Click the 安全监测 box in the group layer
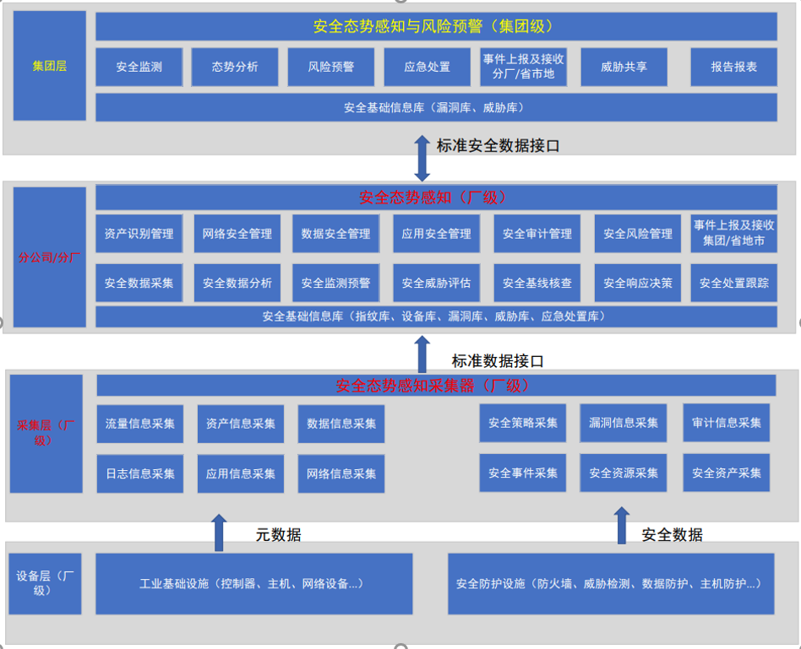coord(139,67)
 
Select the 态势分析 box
coord(235,67)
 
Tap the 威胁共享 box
coord(624,67)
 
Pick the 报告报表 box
coord(733,67)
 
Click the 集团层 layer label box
coord(50,66)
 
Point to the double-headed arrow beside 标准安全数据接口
coord(422,157)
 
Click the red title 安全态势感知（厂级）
coord(436,197)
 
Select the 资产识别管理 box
coord(139,234)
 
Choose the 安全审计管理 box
coord(537,234)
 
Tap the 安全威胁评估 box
coord(436,283)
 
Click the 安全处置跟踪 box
coord(733,283)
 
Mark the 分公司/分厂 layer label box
coord(50,257)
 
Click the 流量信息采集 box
coord(140,424)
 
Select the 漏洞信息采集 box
coord(624,423)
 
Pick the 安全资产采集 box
coord(726,473)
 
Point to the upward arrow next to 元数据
coord(219,532)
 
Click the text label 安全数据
coord(672,534)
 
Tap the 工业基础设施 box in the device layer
coord(253,583)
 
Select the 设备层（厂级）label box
coord(46,583)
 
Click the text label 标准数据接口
coord(498,360)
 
